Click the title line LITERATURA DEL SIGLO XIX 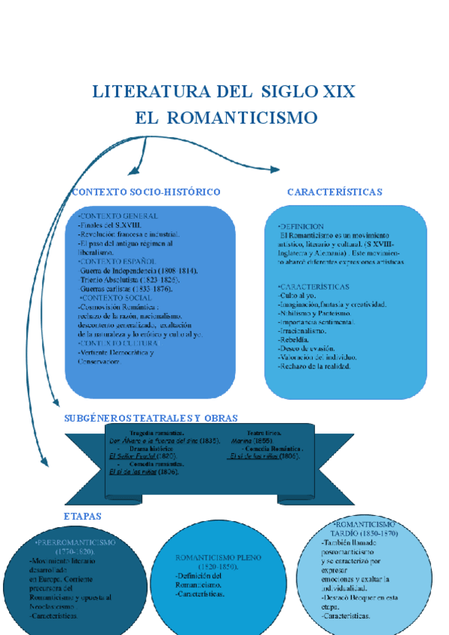pyautogui.click(x=224, y=92)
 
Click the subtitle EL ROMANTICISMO pyautogui.click(x=226, y=118)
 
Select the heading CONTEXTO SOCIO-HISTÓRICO pyautogui.click(x=146, y=192)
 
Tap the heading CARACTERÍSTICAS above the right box pyautogui.click(x=335, y=192)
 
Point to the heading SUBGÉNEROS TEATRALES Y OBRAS pyautogui.click(x=151, y=418)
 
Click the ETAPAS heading pyautogui.click(x=82, y=517)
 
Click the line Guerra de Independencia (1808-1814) pyautogui.click(x=138, y=270)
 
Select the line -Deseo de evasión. pyautogui.click(x=306, y=348)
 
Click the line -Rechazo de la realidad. pyautogui.click(x=314, y=366)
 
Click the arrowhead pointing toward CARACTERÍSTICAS pyautogui.click(x=275, y=171)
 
